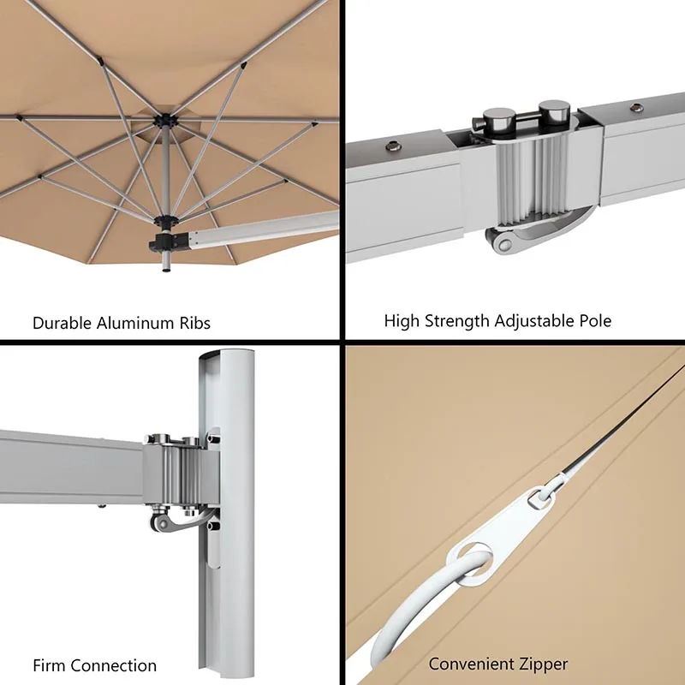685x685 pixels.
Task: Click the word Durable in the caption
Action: [63, 324]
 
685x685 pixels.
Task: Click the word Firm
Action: [49, 665]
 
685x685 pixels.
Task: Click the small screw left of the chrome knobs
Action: [393, 146]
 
